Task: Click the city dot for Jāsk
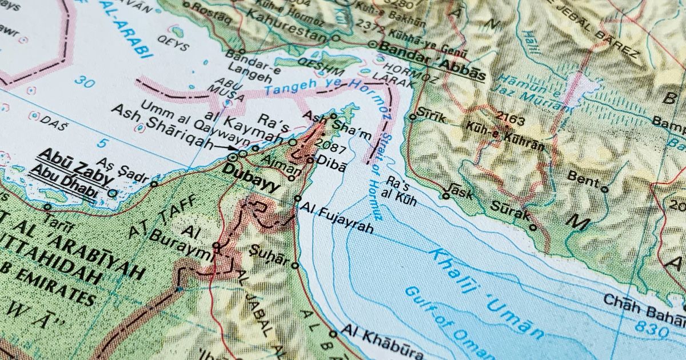pos(446,196)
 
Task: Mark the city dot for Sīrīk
pos(413,117)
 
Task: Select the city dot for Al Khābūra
pos(333,334)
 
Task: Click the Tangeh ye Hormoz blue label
pos(312,86)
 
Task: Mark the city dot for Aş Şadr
pos(154,183)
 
